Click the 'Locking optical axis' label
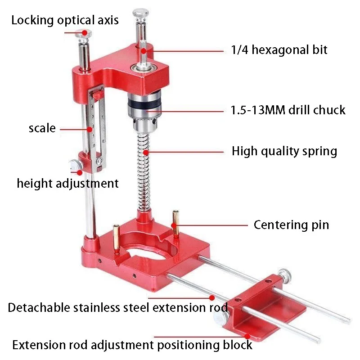(x=65, y=20)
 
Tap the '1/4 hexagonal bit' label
(x=279, y=49)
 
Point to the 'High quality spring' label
(x=284, y=151)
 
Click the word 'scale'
(x=42, y=128)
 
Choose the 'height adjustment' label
(x=68, y=183)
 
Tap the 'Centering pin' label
(x=291, y=225)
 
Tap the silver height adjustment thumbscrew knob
(x=74, y=166)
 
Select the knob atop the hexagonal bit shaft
(x=140, y=12)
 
